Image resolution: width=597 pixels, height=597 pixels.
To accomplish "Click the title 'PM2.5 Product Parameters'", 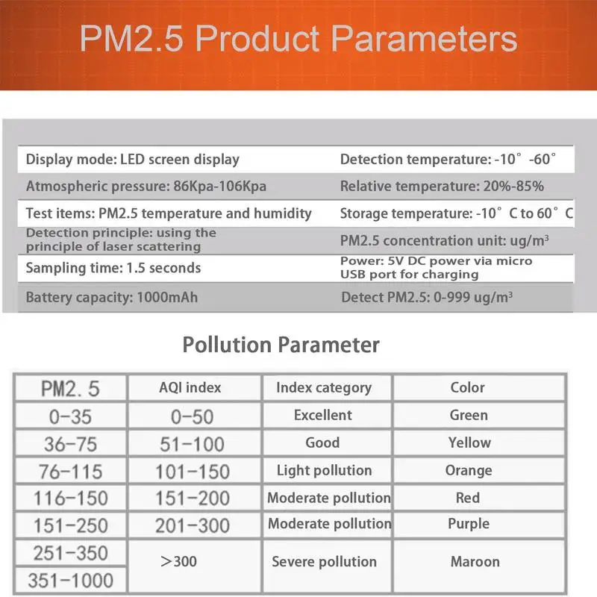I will tap(298, 40).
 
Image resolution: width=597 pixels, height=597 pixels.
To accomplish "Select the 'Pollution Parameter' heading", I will tap(281, 345).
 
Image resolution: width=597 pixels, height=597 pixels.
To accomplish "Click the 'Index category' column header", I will tap(323, 387).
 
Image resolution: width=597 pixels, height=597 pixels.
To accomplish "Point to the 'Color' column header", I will tap(468, 387).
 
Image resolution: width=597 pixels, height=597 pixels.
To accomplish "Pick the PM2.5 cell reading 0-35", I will tap(69, 416).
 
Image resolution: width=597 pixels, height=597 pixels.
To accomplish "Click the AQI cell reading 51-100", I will tap(192, 443).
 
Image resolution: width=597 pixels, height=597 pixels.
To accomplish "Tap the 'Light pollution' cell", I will tap(324, 470).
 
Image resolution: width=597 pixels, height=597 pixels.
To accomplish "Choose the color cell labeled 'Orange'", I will tap(469, 470).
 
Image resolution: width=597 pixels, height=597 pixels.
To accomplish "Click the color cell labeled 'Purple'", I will tap(469, 524).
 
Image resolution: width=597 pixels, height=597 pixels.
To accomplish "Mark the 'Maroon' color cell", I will tap(475, 562).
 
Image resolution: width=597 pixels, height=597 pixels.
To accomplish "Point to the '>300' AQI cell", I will tap(179, 560).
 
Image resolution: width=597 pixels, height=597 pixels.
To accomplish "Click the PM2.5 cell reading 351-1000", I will tap(69, 580).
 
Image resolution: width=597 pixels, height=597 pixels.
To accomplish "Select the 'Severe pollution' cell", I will tap(324, 562).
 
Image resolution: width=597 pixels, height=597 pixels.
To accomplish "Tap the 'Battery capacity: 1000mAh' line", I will tap(112, 298).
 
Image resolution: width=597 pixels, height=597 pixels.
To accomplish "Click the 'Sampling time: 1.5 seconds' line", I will tap(113, 268).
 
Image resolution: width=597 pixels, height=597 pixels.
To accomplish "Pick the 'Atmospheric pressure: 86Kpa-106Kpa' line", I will tap(146, 186).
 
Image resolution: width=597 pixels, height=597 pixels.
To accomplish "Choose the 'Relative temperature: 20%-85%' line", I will tap(442, 186).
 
